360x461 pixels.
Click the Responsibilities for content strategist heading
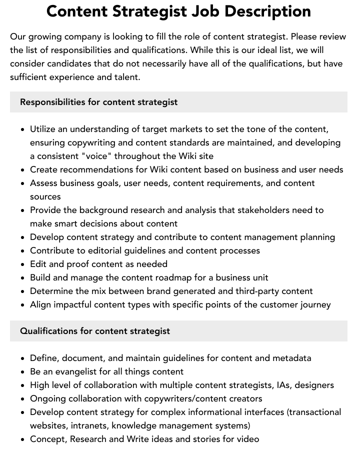(99, 102)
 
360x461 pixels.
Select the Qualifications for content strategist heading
(95, 331)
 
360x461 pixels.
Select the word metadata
(291, 358)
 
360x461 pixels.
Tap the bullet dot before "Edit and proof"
(23, 264)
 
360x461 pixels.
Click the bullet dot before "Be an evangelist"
(23, 372)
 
